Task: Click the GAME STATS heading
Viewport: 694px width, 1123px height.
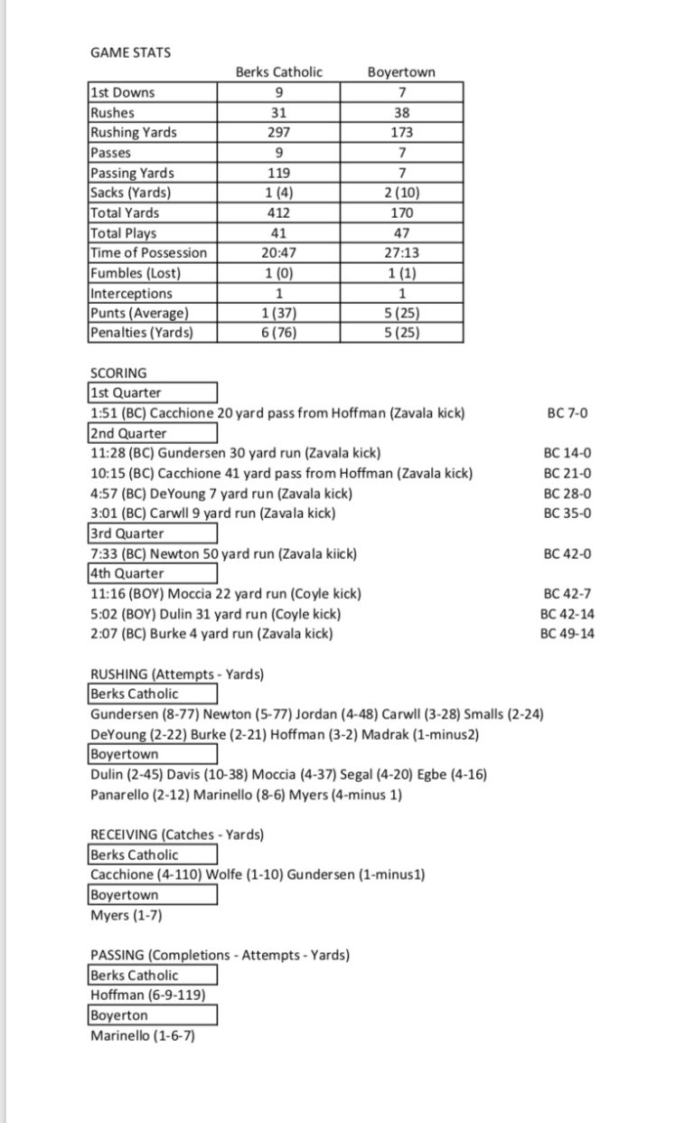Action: click(x=130, y=52)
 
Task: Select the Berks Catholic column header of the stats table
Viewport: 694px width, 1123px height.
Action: click(x=278, y=72)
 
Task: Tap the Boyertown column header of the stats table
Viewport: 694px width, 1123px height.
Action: click(x=400, y=72)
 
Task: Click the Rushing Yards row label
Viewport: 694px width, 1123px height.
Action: click(x=133, y=132)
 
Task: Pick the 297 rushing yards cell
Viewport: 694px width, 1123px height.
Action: click(x=278, y=132)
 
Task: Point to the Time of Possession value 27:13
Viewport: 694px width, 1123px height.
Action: click(x=400, y=252)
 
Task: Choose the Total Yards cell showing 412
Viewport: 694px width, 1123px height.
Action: click(x=278, y=212)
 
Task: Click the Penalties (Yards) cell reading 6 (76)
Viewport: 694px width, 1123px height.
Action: click(x=278, y=332)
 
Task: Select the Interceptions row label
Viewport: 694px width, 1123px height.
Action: click(x=131, y=293)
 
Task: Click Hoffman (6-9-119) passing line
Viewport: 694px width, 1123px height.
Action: click(x=147, y=995)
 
